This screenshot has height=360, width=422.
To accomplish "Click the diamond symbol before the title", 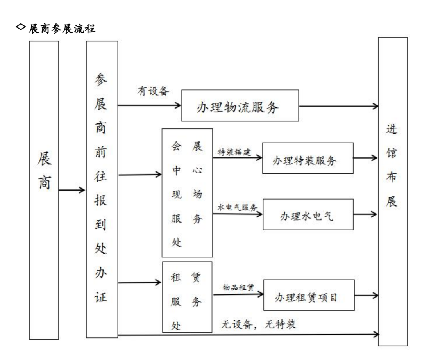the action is click(21, 27).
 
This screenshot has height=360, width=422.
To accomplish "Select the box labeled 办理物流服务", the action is click(240, 106).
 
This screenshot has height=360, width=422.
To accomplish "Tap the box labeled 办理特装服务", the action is click(308, 158).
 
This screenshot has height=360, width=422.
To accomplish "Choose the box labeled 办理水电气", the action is click(308, 214).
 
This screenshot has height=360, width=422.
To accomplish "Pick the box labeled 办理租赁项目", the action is click(309, 295).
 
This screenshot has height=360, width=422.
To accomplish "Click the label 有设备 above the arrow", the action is click(153, 91).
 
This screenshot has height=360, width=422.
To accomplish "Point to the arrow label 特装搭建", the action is click(234, 152).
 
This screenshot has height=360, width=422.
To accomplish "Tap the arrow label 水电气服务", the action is click(238, 207).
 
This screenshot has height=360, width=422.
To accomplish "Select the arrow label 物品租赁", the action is click(238, 287).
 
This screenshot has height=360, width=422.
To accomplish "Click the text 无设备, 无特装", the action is click(259, 324).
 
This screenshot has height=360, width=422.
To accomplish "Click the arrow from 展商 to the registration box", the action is click(72, 190).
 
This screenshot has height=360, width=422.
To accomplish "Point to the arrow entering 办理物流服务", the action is click(149, 105).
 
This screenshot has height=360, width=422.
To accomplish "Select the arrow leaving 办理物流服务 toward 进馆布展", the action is click(338, 106).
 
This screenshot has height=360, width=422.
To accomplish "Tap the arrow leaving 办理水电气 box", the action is click(365, 214).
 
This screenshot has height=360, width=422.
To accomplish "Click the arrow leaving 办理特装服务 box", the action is click(365, 158).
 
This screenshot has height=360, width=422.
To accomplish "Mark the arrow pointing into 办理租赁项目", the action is click(238, 294).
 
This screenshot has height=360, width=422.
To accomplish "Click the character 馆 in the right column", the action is click(392, 153).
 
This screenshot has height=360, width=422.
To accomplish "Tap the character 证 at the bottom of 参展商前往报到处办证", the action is click(101, 297).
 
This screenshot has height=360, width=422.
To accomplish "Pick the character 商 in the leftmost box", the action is click(45, 183).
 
